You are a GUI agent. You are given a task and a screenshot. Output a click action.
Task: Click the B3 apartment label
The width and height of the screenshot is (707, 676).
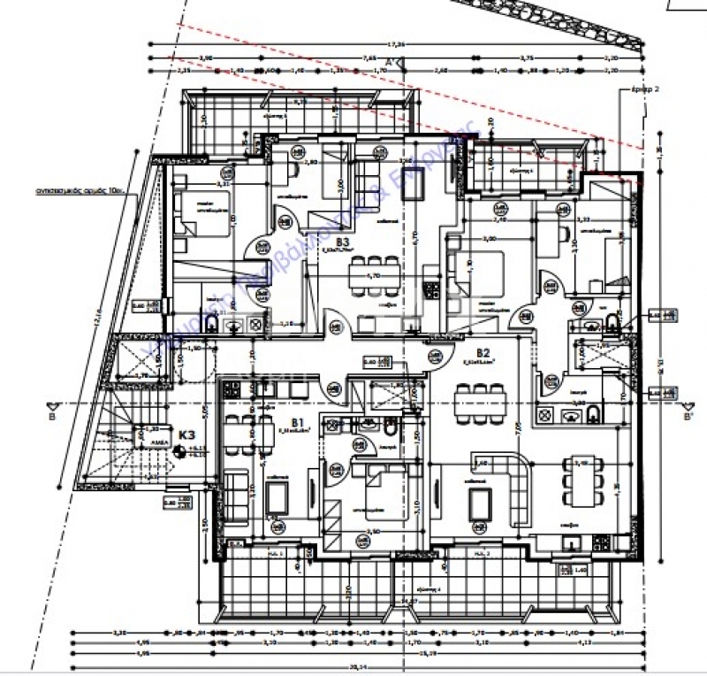[343, 240]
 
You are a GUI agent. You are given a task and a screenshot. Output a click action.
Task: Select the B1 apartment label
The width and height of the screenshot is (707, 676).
[297, 422]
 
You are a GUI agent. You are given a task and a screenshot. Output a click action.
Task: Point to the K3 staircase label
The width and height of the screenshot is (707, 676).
[186, 435]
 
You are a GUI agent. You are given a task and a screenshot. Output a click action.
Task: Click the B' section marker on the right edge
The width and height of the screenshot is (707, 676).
[688, 412]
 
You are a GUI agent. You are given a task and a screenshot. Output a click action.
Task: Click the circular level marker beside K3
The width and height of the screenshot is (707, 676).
[180, 451]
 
